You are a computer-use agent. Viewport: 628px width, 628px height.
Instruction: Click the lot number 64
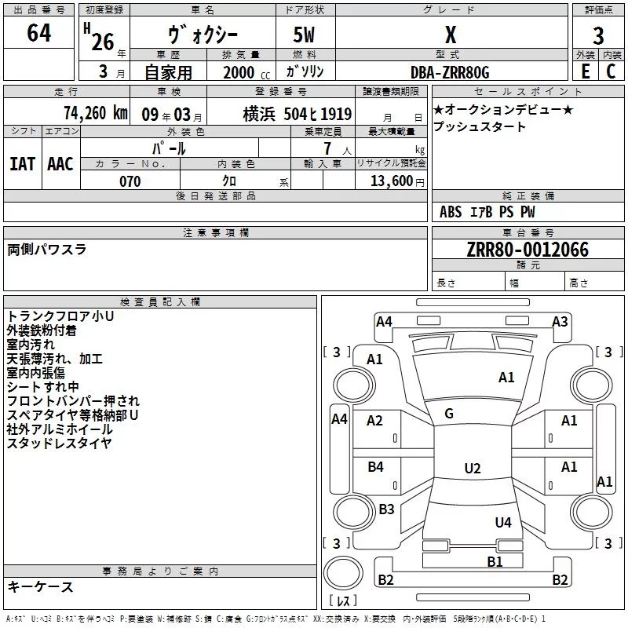38,33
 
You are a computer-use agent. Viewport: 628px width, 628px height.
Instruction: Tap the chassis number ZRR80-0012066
528,250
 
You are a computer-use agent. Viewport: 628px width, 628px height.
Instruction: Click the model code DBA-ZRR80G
450,73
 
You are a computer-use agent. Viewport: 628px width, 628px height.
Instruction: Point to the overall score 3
598,36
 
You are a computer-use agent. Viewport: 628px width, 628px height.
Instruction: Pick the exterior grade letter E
585,71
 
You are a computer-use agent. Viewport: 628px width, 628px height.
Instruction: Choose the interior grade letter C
611,71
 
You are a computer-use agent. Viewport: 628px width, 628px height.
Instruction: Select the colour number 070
130,181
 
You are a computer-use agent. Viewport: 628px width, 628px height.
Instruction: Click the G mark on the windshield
449,414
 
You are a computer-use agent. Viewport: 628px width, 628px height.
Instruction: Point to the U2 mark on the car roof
472,469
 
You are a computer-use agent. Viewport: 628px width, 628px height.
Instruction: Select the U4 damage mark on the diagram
503,522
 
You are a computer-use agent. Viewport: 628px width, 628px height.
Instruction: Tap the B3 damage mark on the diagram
386,509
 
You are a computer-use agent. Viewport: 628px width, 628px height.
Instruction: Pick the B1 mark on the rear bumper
495,561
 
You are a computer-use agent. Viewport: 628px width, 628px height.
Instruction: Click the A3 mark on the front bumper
560,321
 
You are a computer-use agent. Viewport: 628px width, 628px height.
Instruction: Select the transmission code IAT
22,163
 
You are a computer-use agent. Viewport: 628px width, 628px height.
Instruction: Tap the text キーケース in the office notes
40,586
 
